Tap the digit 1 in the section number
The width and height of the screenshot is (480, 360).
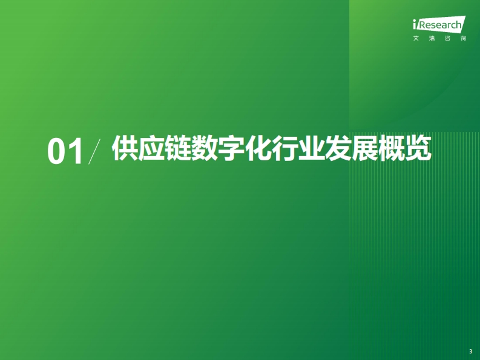76,151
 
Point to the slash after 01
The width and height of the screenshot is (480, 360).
94,151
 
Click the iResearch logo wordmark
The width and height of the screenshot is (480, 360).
439,24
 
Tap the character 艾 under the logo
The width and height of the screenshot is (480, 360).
416,38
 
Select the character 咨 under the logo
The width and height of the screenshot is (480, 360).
447,38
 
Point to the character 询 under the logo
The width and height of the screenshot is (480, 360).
463,38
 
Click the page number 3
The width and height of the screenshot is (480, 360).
471,352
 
